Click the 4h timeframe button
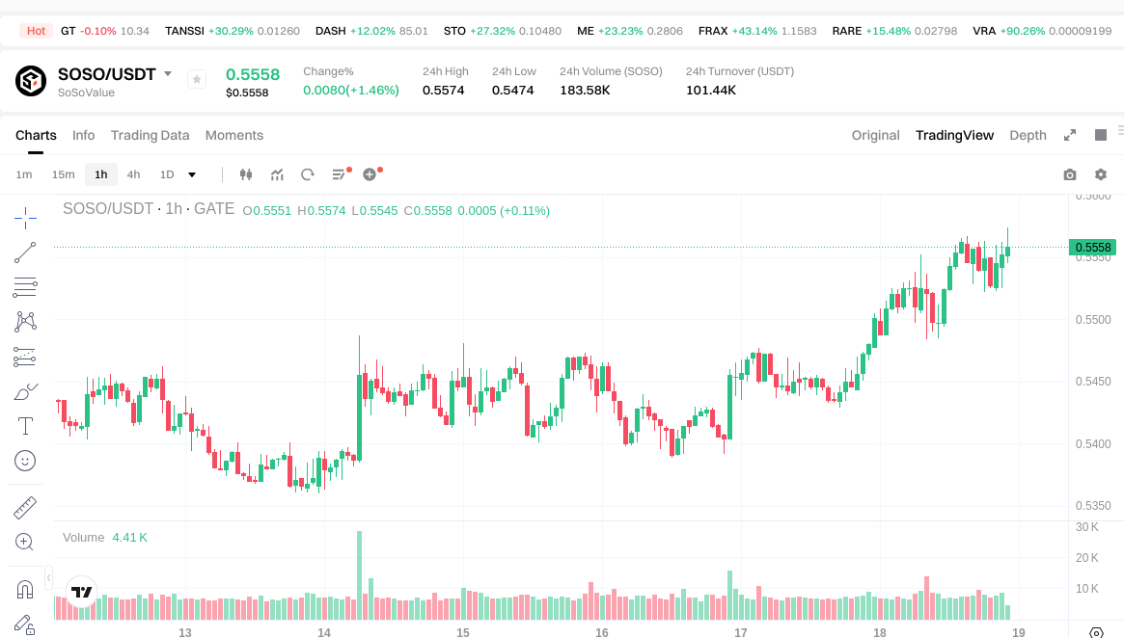tap(133, 174)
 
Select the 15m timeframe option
tap(63, 174)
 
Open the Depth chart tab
tap(1028, 135)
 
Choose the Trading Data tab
tap(150, 135)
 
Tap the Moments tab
tap(233, 135)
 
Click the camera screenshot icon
tap(1069, 174)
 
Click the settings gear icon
tap(1101, 174)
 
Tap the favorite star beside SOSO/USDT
tap(197, 80)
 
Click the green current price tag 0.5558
tap(1092, 248)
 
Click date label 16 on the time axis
tap(602, 633)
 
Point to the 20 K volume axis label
tap(1088, 558)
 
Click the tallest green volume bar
tap(359, 574)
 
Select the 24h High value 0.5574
tap(444, 90)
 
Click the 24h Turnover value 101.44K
tap(711, 90)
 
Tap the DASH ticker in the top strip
tap(330, 31)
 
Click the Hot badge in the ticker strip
tap(36, 31)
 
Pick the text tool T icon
tap(25, 425)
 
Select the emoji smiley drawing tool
tap(25, 461)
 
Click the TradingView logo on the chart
tap(82, 592)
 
